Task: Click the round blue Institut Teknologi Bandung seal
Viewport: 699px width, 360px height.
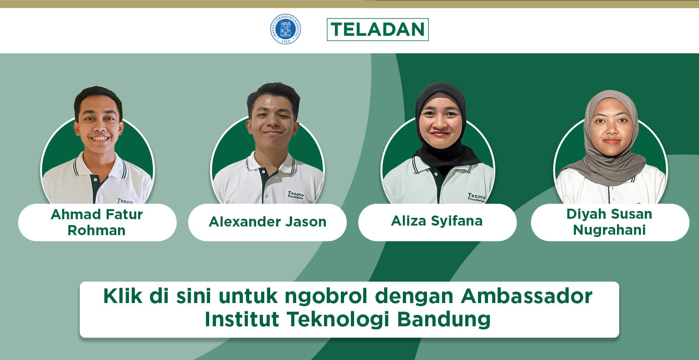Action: click(x=285, y=29)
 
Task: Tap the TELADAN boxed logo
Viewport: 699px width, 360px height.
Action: click(x=378, y=30)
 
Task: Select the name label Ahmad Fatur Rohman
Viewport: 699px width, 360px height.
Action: click(x=97, y=222)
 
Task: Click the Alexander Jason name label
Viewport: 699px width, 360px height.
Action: click(x=267, y=222)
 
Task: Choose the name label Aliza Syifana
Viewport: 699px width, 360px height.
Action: click(x=437, y=222)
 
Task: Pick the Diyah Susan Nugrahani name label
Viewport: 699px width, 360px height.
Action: click(x=610, y=222)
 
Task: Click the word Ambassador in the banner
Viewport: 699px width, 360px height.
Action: click(x=526, y=296)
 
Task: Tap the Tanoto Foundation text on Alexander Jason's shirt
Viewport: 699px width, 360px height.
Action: click(x=296, y=195)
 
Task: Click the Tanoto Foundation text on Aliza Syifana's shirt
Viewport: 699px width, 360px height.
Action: click(x=477, y=197)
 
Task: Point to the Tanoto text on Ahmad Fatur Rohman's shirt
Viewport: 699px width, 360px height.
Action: click(x=125, y=201)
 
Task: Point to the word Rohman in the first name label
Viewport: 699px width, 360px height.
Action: click(x=97, y=231)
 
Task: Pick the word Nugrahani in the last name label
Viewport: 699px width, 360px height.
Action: click(x=609, y=230)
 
